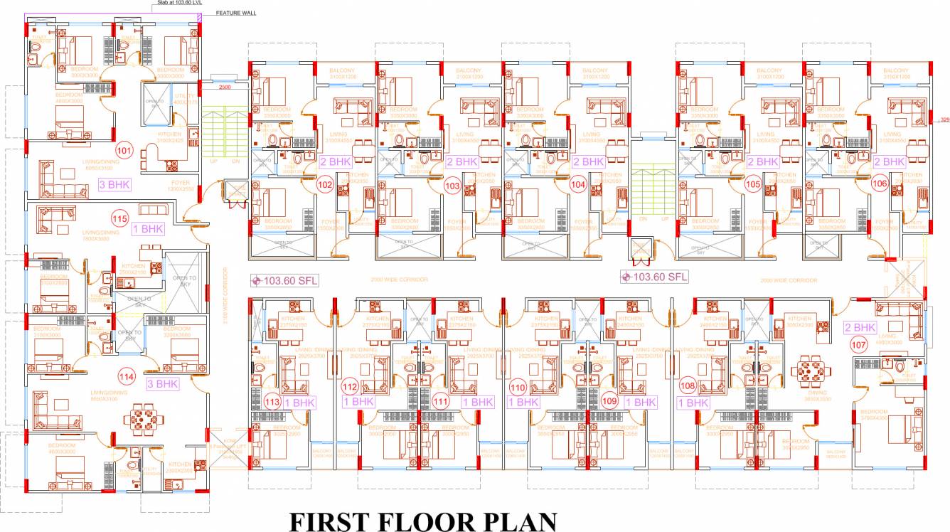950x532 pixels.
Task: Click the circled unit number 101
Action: point(124,151)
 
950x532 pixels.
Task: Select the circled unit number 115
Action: point(119,218)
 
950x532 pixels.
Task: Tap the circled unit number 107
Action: point(858,345)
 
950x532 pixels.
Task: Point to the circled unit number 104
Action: point(578,185)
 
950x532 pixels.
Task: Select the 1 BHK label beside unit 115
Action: point(148,229)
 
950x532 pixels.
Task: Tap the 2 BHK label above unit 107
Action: point(860,327)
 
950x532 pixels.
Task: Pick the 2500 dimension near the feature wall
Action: point(225,87)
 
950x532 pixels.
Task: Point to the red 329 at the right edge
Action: point(944,119)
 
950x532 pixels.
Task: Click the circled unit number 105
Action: point(753,185)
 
